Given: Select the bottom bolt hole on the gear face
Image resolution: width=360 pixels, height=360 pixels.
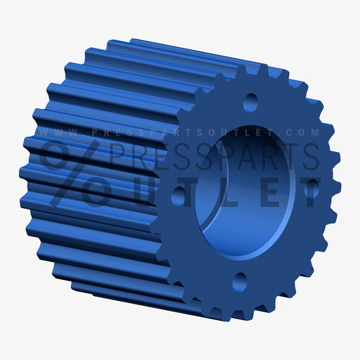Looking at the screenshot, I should click(x=240, y=282).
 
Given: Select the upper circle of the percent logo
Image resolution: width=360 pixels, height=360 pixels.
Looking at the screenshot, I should click(x=56, y=155).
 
